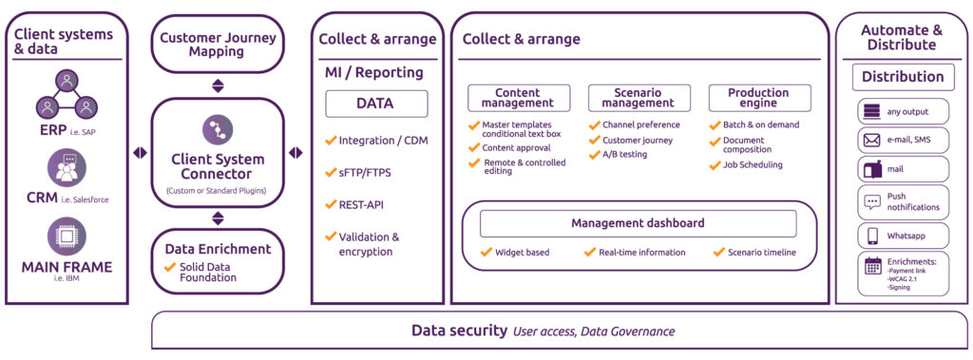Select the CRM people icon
pyautogui.click(x=67, y=168)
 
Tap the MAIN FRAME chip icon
pyautogui.click(x=67, y=236)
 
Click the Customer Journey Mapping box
pyautogui.click(x=218, y=45)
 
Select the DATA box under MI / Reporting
pyautogui.click(x=376, y=104)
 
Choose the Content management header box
pyautogui.click(x=518, y=98)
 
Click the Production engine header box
pyautogui.click(x=758, y=98)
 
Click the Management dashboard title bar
pyautogui.click(x=638, y=223)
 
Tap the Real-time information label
pyautogui.click(x=641, y=253)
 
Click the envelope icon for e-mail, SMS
pyautogui.click(x=871, y=141)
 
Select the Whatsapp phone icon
pyautogui.click(x=871, y=235)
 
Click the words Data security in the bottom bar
pyautogui.click(x=459, y=331)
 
